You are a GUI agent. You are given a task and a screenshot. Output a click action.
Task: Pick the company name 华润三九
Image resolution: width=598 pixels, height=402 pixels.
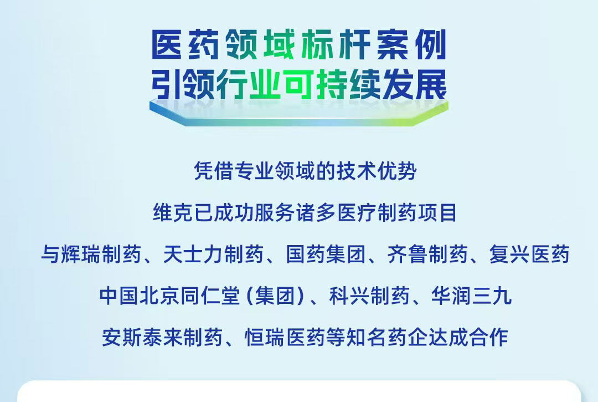coord(471,296)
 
